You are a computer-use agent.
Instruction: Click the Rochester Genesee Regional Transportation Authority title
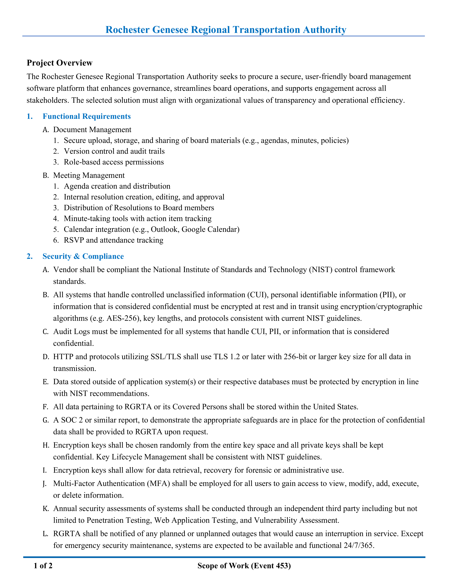226,30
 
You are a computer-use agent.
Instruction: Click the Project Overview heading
59,63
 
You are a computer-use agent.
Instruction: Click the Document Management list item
92,130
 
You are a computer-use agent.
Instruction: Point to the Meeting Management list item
89,175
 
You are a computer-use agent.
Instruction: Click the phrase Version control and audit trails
114,151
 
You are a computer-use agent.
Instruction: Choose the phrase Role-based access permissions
114,162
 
